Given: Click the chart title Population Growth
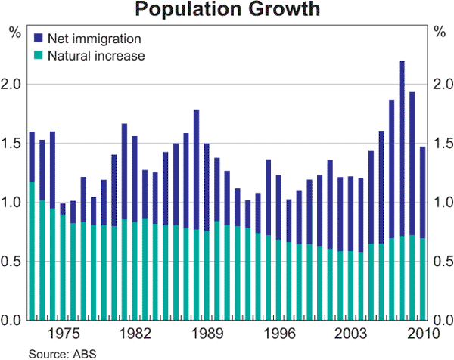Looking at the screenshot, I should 227,10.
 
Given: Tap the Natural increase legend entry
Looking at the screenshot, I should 95,55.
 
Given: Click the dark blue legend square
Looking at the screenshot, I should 37,37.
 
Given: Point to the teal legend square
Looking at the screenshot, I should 37,55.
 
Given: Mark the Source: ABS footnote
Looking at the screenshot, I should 63,353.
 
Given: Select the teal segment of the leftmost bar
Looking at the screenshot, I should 32,250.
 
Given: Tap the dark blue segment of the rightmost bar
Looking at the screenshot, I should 421,192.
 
